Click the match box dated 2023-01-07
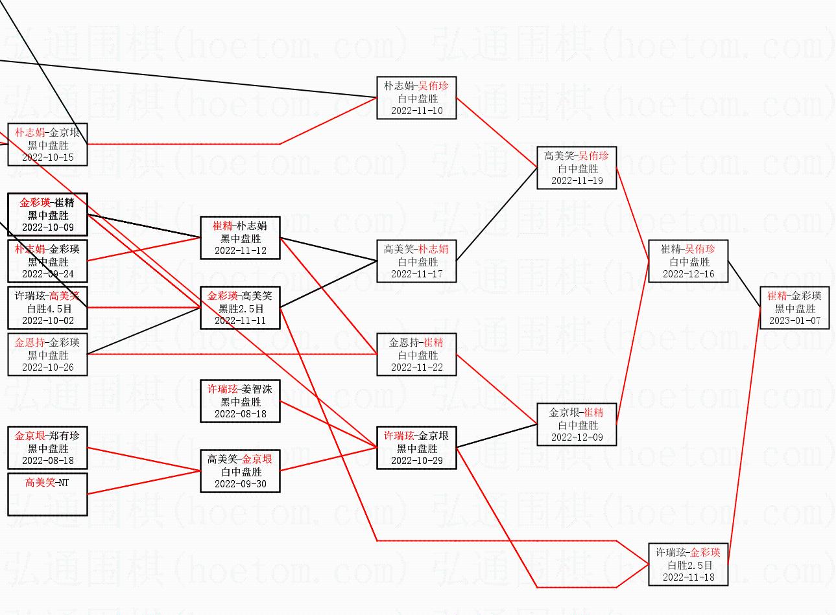794,308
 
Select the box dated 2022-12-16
688,262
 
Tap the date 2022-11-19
577,181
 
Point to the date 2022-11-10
416,111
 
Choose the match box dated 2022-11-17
416,262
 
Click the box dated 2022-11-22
416,355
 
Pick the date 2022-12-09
577,437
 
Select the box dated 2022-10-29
416,448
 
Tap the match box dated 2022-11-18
688,565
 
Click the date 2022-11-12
240,251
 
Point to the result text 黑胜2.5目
241,308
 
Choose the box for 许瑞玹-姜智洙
240,402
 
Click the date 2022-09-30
240,484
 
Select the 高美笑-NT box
47,495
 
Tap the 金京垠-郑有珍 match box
47,448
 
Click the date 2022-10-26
47,367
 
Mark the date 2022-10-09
47,227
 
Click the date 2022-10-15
47,157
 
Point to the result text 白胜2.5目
689,565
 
